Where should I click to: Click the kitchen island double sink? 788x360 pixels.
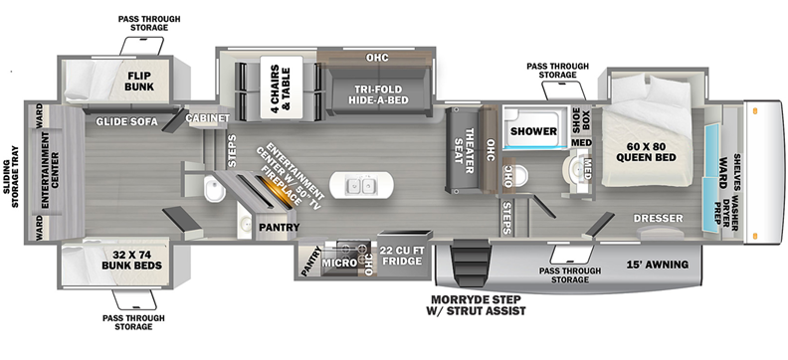pos(362,187)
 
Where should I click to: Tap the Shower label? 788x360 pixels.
pos(533,131)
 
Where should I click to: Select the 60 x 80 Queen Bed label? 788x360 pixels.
pos(647,152)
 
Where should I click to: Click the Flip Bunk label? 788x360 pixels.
pos(140,82)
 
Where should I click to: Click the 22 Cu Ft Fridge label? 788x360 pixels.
pos(401,256)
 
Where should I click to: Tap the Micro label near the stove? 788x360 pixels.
pos(339,263)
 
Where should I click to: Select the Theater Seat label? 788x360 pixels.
pos(464,149)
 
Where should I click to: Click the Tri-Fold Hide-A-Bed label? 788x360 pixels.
pos(377,94)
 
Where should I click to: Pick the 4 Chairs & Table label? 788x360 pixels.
pos(282,87)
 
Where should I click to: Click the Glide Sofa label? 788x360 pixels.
pos(127,121)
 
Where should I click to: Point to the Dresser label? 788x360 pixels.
pos(658,219)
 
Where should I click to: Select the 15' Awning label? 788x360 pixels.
pos(658,265)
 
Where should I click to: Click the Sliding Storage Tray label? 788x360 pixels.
pos(10,177)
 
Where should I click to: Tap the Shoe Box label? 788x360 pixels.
pos(581,121)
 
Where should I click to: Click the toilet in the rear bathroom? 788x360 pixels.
pos(215,190)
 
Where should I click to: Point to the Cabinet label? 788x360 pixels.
pos(208,117)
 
